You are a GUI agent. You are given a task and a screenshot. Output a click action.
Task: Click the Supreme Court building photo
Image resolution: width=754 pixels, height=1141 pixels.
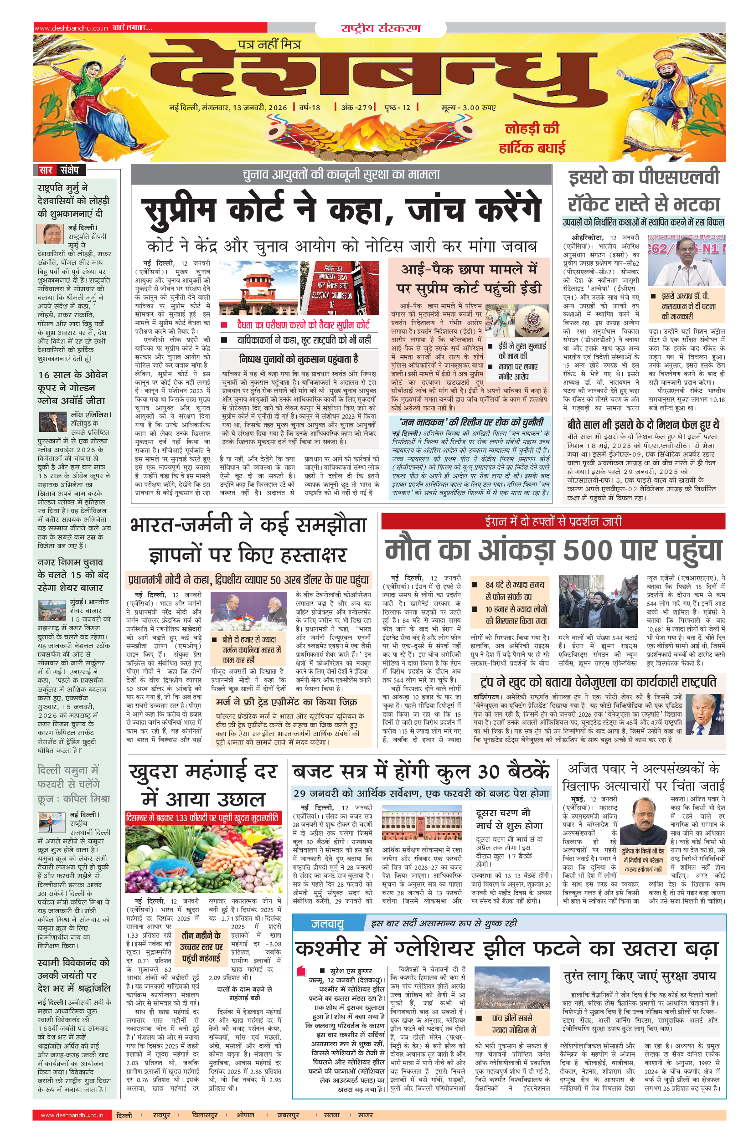pos(258,288)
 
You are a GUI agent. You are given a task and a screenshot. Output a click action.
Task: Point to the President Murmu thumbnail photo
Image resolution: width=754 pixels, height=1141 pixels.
pos(50,234)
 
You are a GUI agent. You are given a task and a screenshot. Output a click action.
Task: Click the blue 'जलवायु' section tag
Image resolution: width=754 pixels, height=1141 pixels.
pos(327,923)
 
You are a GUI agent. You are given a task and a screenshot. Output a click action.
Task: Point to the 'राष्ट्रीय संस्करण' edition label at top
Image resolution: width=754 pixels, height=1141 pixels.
pos(380,28)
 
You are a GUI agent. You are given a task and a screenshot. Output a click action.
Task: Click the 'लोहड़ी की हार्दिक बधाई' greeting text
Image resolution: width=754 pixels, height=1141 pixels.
pos(532,138)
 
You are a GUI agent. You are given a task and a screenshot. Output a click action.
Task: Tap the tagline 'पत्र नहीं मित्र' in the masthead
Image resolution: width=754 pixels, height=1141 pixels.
pos(269,45)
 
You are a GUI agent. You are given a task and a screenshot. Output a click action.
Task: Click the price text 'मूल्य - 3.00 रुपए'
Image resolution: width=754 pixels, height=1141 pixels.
pos(468,107)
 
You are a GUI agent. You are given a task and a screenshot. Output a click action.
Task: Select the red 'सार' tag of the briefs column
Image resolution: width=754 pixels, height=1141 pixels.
pos(46,170)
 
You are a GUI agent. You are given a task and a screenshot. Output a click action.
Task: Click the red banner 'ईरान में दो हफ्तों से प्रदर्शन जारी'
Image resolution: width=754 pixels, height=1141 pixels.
pos(553,521)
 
